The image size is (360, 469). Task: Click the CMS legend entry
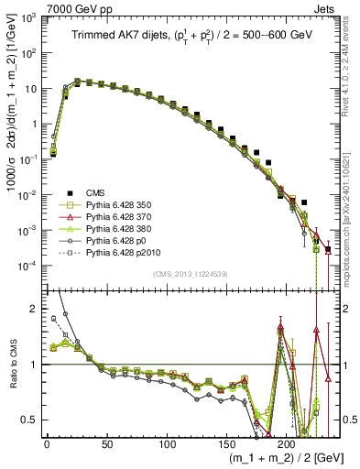[95, 193]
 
